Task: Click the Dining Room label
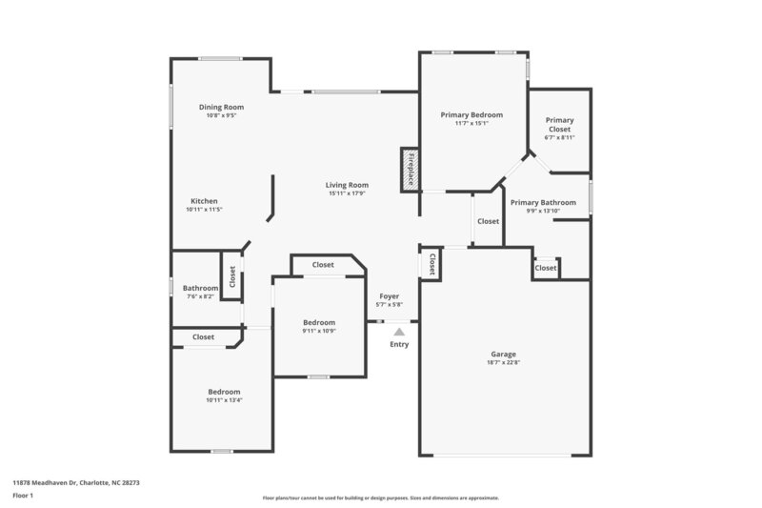[x=221, y=107]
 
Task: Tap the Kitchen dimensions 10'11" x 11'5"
[x=204, y=210]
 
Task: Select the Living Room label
[x=347, y=185]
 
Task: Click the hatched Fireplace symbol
[x=410, y=170]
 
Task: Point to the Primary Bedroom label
[x=471, y=114]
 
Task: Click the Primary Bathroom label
[x=543, y=202]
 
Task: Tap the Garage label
[x=505, y=354]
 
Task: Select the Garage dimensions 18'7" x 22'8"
[x=505, y=362]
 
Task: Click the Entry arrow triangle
[x=399, y=332]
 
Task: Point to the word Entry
[x=399, y=344]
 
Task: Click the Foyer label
[x=390, y=296]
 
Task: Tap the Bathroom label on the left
[x=201, y=288]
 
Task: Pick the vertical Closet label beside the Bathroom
[x=231, y=276]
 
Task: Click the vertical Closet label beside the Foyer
[x=431, y=264]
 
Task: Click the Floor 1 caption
[x=23, y=496]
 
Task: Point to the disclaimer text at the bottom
[x=381, y=498]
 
